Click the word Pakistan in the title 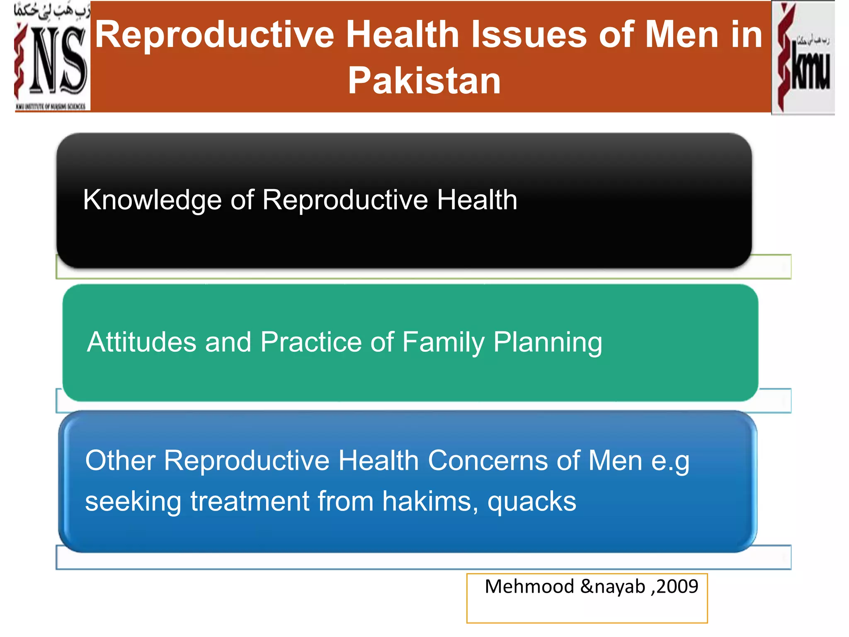click(424, 81)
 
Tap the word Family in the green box click(443, 343)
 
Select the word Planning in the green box click(548, 343)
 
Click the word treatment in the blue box click(250, 501)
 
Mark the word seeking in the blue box click(133, 502)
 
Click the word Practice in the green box click(311, 342)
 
